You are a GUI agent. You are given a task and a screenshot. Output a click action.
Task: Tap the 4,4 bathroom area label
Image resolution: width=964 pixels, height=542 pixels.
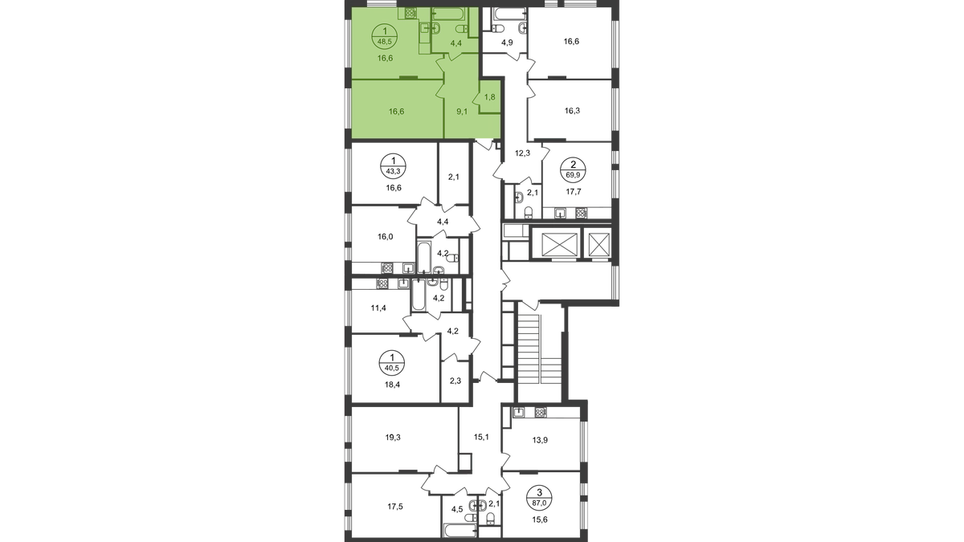coord(455,43)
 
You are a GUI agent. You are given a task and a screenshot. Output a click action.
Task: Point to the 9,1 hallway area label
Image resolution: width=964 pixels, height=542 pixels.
coord(462,112)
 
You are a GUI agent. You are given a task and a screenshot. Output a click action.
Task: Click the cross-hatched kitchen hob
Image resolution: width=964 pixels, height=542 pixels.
coord(411,13)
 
